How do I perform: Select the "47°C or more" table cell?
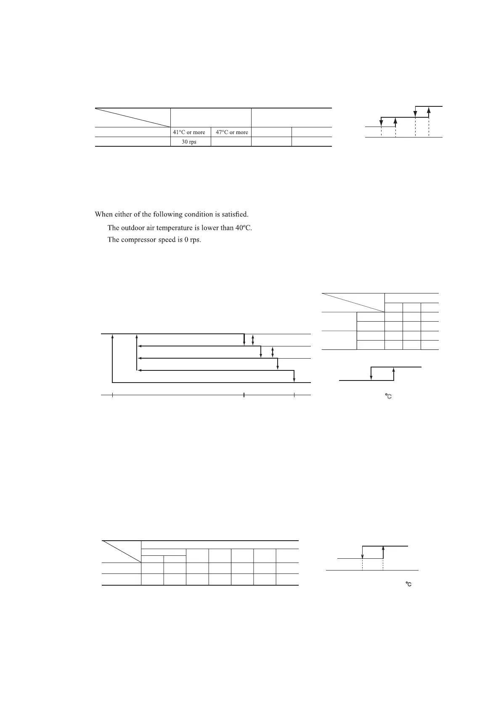(x=232, y=132)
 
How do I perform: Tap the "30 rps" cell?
(x=189, y=142)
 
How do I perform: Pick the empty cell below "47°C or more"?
(x=231, y=142)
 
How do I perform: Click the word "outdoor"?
(x=134, y=228)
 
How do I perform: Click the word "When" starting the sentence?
(x=103, y=214)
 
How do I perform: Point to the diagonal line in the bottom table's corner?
(x=122, y=551)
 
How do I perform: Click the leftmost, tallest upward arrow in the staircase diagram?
(x=112, y=357)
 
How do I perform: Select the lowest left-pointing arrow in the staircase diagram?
(x=215, y=370)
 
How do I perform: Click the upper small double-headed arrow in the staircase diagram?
(x=253, y=340)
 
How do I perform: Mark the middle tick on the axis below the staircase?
(x=244, y=395)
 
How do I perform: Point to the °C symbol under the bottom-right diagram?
(x=408, y=584)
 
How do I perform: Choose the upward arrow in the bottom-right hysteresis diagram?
(x=383, y=552)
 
